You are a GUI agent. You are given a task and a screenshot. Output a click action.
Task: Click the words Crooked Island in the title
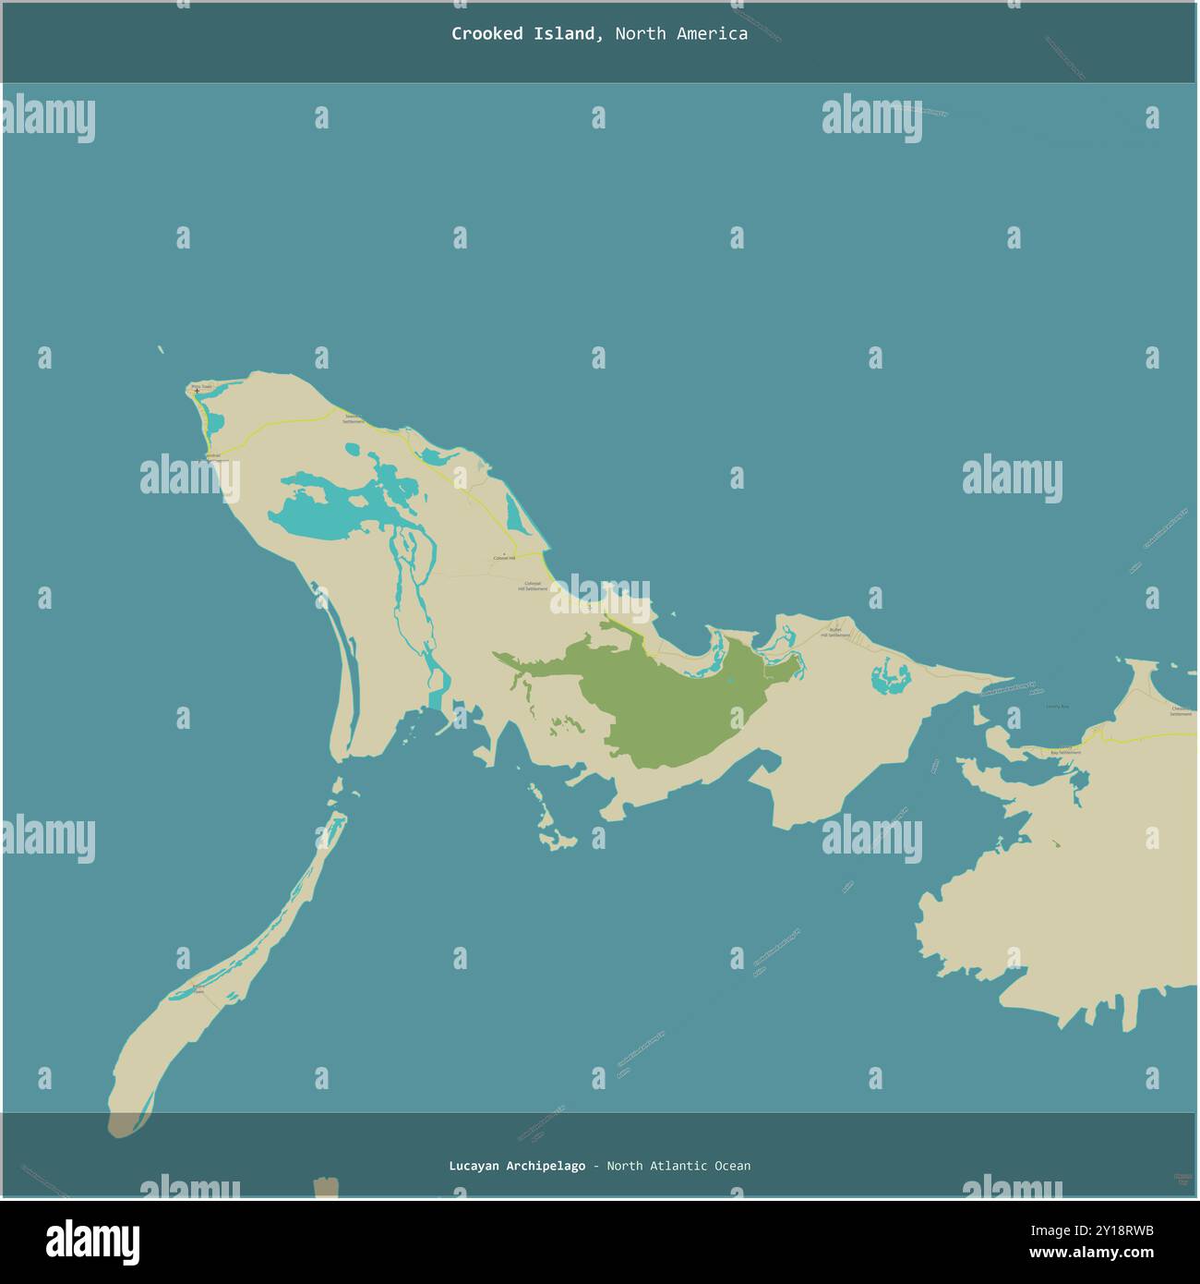(523, 34)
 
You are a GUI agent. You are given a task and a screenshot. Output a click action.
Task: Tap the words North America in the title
(681, 34)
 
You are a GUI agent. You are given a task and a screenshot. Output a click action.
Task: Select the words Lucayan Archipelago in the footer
(517, 1166)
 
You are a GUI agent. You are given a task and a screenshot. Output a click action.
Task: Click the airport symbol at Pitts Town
(197, 392)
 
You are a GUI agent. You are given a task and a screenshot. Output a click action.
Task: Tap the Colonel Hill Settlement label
(532, 586)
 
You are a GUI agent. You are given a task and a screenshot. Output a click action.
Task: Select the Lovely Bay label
(1057, 707)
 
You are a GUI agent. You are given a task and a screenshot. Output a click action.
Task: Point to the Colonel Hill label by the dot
(504, 558)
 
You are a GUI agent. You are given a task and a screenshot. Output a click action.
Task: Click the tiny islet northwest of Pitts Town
(161, 349)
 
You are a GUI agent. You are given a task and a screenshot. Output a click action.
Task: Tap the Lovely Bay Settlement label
(1066, 751)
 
